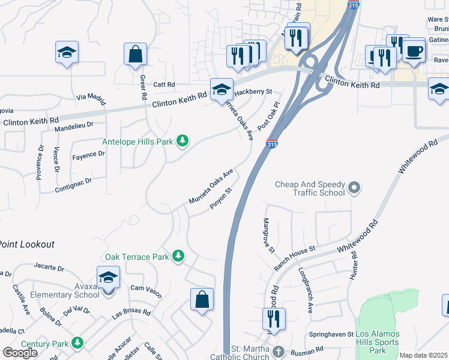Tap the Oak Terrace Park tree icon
(x=178, y=256)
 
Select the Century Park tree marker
(x=77, y=343)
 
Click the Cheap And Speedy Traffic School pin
(x=354, y=188)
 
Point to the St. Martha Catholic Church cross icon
(x=277, y=350)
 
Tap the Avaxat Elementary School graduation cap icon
(x=108, y=277)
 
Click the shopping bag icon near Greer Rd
(x=135, y=54)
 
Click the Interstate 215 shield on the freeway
(x=271, y=145)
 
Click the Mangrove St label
(x=268, y=235)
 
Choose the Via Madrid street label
(x=91, y=98)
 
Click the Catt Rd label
(x=163, y=85)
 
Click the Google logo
(x=20, y=353)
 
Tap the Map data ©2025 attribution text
(x=423, y=355)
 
